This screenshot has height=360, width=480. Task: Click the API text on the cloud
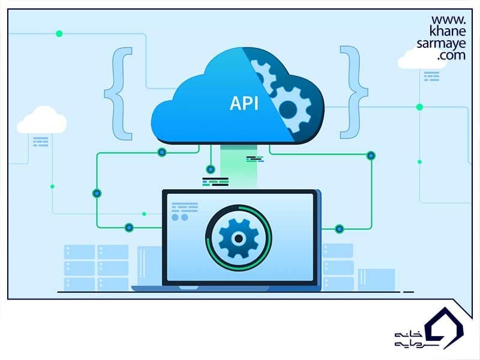(244, 103)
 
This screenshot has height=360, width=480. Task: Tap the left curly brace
(118, 94)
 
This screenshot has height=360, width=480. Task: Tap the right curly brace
(354, 92)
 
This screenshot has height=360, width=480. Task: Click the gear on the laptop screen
(238, 238)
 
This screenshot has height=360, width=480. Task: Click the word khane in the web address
(448, 31)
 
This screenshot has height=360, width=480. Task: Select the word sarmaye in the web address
(441, 44)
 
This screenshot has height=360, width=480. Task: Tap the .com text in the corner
(452, 55)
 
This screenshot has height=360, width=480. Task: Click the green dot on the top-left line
(59, 34)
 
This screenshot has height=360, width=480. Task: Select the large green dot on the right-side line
(419, 107)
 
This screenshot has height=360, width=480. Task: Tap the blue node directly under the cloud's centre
(211, 169)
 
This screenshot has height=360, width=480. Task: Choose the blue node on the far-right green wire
(371, 156)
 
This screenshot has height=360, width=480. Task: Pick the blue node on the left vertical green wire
(97, 193)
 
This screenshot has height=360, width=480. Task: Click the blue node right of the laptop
(339, 229)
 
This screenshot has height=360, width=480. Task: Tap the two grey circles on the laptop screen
(179, 217)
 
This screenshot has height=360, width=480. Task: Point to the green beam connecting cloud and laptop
(238, 167)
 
